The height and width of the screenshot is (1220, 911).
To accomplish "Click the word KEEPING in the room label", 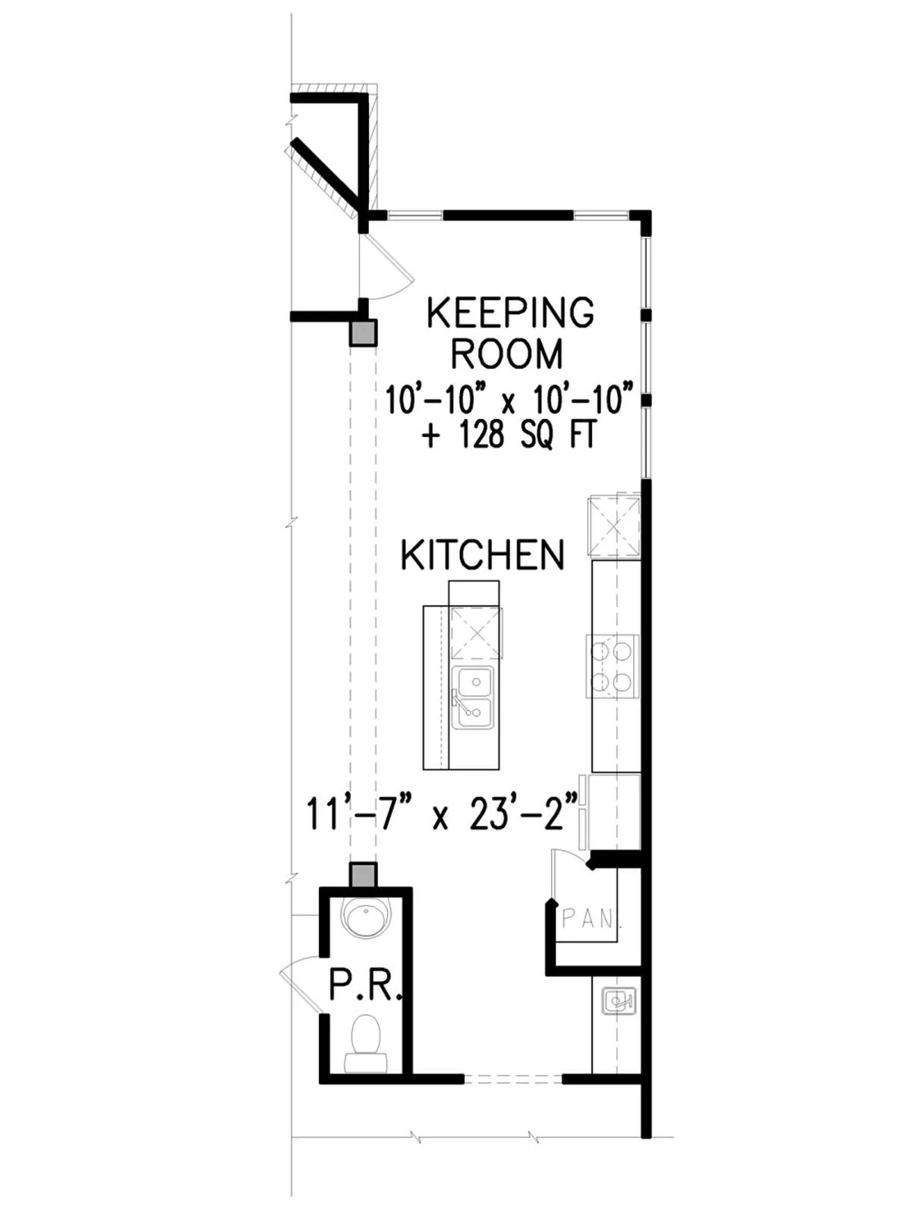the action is (510, 313).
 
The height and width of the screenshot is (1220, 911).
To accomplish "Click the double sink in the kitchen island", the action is (472, 697).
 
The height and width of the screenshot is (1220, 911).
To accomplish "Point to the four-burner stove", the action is (612, 666).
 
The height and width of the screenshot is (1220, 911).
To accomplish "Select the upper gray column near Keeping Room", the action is (363, 333).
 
